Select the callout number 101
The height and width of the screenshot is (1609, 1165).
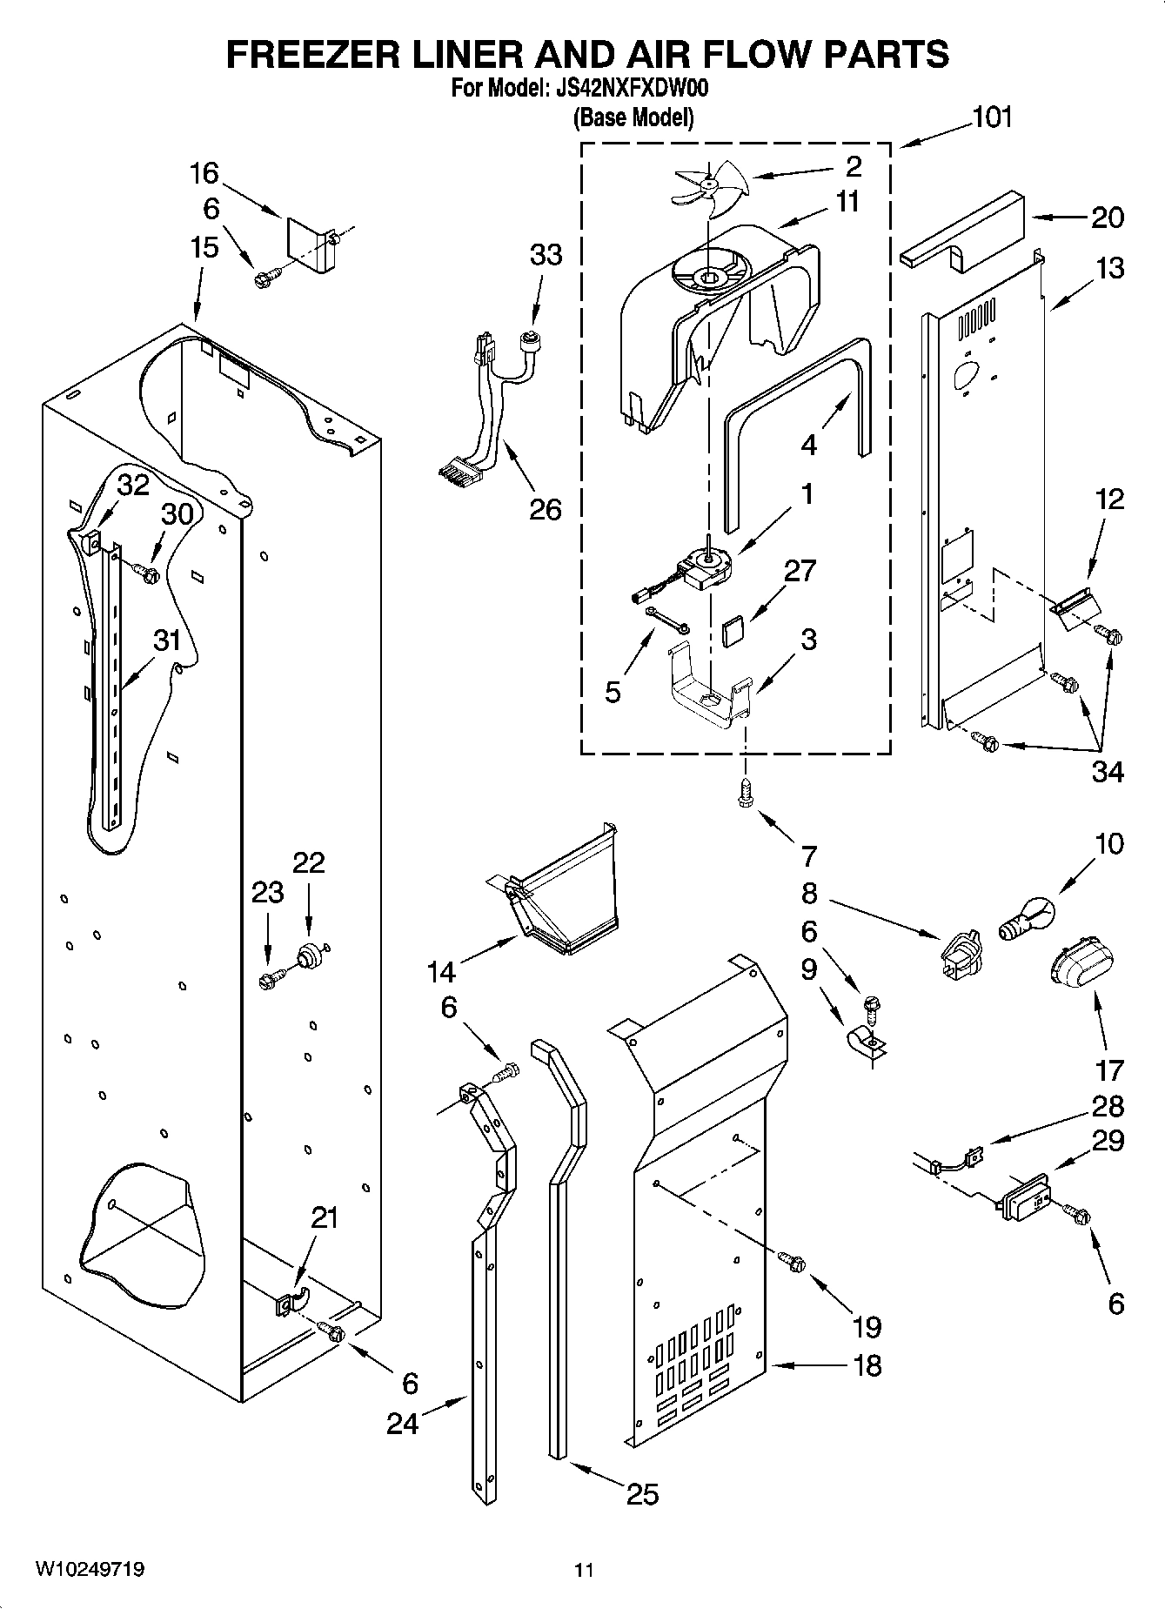tap(991, 117)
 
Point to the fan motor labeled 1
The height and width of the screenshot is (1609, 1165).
tap(706, 569)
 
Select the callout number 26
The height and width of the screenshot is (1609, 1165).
tap(546, 509)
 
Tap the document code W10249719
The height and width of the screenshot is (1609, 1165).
tap(90, 1569)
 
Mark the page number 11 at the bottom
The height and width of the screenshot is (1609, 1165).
tap(584, 1570)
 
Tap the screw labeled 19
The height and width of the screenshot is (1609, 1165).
tap(793, 1261)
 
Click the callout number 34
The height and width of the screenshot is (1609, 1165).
tap(1108, 772)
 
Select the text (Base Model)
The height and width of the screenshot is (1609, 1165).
tap(633, 117)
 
